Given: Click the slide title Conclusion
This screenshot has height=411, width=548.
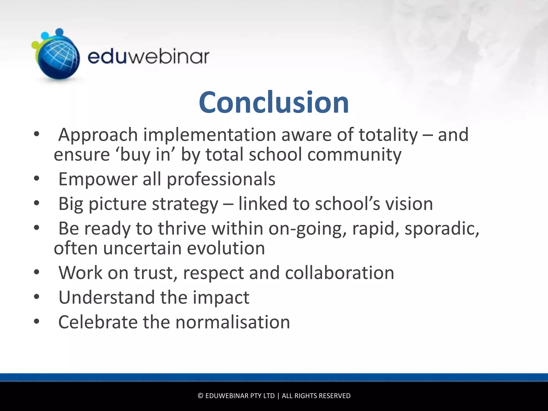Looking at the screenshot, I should coord(274,102).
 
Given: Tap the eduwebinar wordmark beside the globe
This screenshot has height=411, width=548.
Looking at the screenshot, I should coord(148,57).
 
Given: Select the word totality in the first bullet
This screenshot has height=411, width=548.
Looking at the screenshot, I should coord(388,135).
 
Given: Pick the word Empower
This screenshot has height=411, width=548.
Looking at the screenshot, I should coord(98,179).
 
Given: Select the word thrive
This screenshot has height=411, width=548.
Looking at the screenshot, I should coord(182,229).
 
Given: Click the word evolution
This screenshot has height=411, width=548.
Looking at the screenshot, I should coord(226,248).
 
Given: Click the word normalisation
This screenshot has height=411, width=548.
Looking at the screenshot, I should coord(233,322).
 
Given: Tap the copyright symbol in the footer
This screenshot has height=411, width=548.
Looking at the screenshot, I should coord(200,396).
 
